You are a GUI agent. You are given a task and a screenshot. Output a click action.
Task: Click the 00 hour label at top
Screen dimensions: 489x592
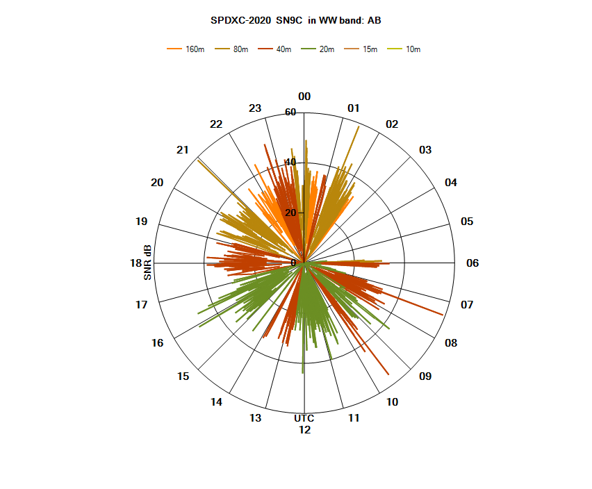(304, 97)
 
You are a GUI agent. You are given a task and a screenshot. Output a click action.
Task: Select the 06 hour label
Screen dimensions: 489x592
(472, 263)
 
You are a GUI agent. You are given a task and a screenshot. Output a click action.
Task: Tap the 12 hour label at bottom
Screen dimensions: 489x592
(304, 430)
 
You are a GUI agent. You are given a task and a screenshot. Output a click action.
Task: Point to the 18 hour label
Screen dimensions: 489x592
(136, 263)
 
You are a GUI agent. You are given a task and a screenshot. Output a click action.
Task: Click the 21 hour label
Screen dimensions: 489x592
(183, 150)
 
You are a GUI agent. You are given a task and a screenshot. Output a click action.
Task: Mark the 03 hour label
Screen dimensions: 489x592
(425, 150)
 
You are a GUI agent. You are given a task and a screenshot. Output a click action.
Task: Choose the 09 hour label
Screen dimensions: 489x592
(425, 376)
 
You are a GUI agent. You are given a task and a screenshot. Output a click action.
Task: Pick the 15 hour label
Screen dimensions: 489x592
(183, 376)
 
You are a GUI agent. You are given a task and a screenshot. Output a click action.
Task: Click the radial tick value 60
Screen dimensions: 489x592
(290, 113)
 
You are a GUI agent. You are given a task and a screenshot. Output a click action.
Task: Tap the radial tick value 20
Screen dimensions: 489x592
(290, 213)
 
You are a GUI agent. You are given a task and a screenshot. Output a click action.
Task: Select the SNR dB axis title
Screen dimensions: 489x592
(147, 263)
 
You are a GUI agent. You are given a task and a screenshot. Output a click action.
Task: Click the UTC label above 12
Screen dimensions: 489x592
(304, 418)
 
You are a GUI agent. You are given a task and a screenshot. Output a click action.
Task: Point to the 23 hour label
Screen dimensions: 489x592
(255, 108)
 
